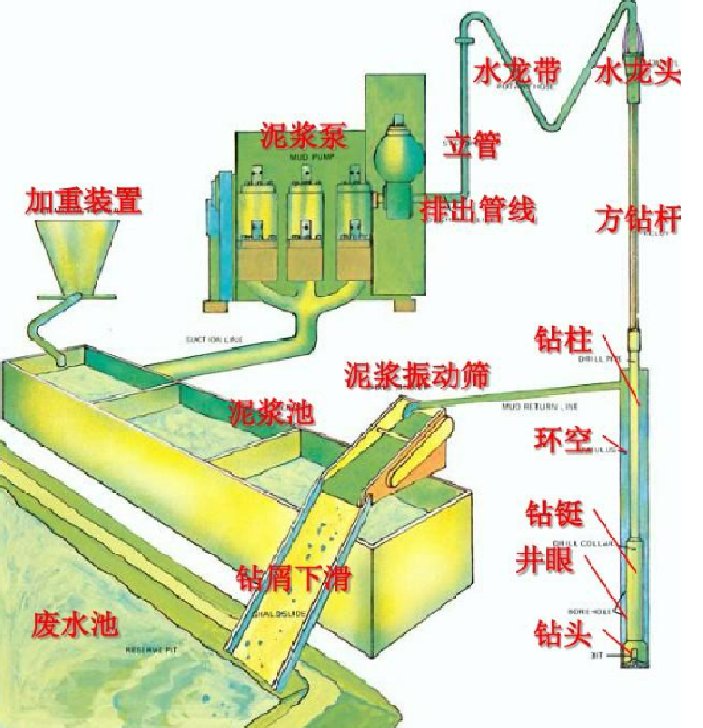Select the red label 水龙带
(x=518, y=72)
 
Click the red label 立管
(x=471, y=144)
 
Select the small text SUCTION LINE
(x=212, y=340)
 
